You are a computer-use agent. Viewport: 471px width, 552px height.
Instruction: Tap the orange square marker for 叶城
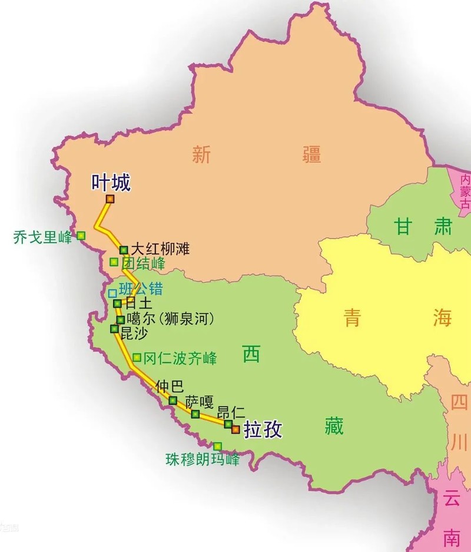tap(110, 199)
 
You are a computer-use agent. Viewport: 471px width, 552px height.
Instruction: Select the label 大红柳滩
tap(160, 249)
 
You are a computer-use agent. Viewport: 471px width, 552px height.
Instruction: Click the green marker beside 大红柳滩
tap(124, 250)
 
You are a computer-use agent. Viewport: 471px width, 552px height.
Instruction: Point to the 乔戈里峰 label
tap(42, 237)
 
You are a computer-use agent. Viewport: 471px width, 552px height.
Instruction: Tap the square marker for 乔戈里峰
tap(81, 236)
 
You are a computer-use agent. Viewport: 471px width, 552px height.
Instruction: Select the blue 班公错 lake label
tap(141, 289)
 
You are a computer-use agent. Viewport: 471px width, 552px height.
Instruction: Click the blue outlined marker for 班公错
tap(112, 293)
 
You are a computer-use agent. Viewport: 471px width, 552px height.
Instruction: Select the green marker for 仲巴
tap(173, 400)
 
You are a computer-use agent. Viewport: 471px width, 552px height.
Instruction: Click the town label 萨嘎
tap(199, 402)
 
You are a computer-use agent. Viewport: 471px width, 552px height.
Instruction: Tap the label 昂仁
tap(231, 412)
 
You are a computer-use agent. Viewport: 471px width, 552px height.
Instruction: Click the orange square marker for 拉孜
tap(235, 429)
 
